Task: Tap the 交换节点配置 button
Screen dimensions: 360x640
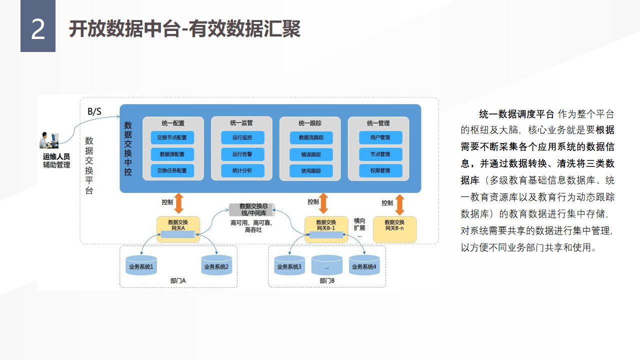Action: tap(172, 137)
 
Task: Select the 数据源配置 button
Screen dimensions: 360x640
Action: tap(172, 154)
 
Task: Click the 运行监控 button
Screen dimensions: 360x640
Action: tap(242, 137)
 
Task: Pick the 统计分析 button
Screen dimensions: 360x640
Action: tap(242, 170)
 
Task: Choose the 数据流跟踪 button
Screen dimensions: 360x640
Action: tap(310, 137)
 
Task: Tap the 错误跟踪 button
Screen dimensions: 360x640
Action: tap(310, 154)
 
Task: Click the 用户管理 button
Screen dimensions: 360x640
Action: tap(380, 137)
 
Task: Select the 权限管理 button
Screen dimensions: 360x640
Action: tap(380, 170)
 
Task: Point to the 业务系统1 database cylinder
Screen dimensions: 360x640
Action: tap(141, 266)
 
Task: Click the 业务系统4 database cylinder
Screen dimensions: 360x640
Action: tap(364, 266)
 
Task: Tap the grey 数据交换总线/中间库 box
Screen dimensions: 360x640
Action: tap(252, 209)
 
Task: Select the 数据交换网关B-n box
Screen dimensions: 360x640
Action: tap(394, 229)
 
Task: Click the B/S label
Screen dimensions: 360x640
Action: tap(94, 111)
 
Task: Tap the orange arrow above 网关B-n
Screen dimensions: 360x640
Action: tap(399, 204)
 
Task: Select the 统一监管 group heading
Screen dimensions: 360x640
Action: tap(241, 123)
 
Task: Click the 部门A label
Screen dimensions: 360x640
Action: tap(177, 280)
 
